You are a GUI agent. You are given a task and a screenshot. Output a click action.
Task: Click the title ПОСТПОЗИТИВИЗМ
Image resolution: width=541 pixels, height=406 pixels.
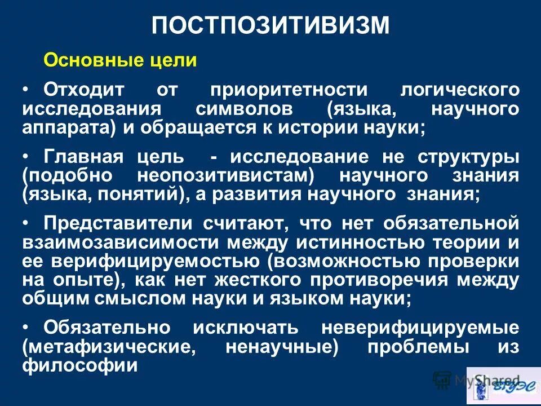271,26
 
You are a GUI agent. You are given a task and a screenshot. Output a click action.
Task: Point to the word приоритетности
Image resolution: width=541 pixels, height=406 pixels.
288,90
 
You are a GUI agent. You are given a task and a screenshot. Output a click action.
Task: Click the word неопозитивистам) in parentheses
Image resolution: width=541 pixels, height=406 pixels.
225,175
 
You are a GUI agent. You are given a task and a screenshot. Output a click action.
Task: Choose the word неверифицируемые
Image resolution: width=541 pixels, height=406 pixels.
420,328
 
